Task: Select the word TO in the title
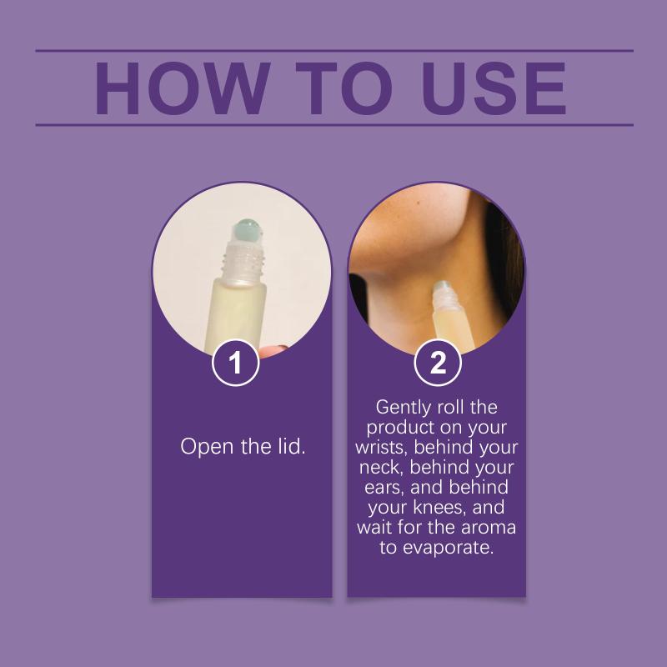click(344, 88)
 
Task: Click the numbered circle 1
click(235, 363)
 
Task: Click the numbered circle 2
click(438, 363)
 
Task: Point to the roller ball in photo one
click(248, 231)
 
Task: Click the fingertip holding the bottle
click(273, 351)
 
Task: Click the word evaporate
click(448, 548)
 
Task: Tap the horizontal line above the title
click(334, 51)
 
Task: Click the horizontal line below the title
click(334, 125)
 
